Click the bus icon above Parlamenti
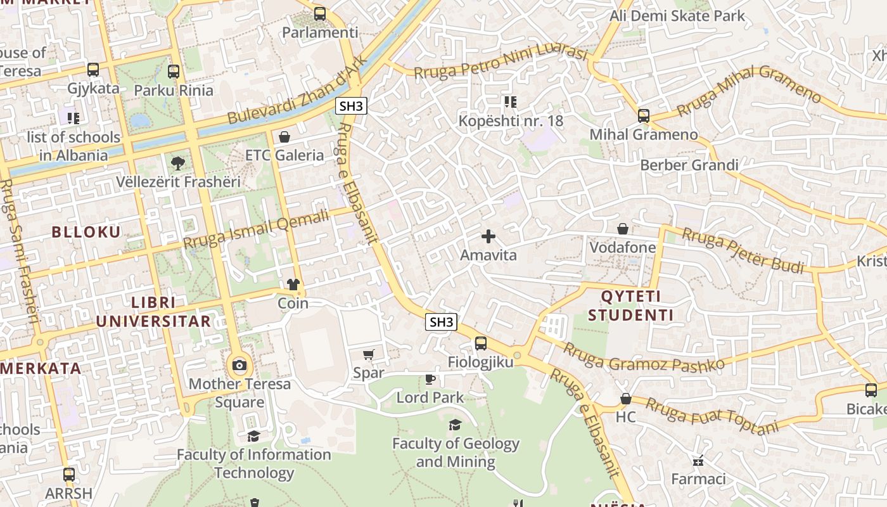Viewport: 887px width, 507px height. click(320, 13)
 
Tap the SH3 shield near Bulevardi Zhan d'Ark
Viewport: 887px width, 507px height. click(351, 106)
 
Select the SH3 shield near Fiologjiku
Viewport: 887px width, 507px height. click(441, 322)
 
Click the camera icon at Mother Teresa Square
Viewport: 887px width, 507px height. click(239, 365)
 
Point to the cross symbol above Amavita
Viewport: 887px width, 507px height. click(488, 236)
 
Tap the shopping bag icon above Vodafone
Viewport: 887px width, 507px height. click(623, 228)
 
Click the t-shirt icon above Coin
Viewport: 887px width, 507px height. click(293, 285)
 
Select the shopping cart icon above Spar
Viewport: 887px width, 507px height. click(368, 354)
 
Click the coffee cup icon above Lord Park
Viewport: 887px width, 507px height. click(430, 379)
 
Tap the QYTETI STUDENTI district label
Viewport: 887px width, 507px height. click(630, 305)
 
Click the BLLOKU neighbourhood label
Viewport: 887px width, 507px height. click(86, 232)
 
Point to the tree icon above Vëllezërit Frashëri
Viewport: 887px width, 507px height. click(178, 163)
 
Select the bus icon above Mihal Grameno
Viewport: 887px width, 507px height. click(644, 115)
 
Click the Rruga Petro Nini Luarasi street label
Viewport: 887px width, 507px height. click(501, 61)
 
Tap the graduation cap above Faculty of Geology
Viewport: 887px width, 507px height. click(455, 425)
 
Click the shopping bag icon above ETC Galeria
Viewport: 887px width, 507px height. click(284, 136)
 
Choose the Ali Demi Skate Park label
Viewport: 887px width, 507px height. click(677, 16)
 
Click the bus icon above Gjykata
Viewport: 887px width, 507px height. click(93, 70)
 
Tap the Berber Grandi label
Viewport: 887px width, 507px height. click(689, 165)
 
